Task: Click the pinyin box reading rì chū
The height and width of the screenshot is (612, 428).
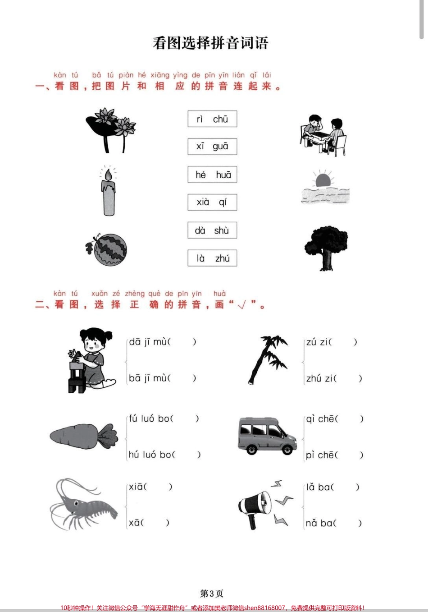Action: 212,119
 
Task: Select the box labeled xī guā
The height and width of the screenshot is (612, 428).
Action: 212,147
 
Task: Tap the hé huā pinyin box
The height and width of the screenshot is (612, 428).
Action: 212,175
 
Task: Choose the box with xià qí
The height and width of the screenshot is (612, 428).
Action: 212,202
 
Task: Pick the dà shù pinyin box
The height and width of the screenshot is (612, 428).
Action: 212,230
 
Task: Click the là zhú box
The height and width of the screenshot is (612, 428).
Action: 212,258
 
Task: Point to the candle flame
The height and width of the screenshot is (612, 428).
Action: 109,175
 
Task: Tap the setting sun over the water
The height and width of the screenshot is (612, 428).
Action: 323,180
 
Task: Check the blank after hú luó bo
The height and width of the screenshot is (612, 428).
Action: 187,455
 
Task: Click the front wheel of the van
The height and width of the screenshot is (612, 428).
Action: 287,450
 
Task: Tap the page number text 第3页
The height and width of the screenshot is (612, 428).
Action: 212,593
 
